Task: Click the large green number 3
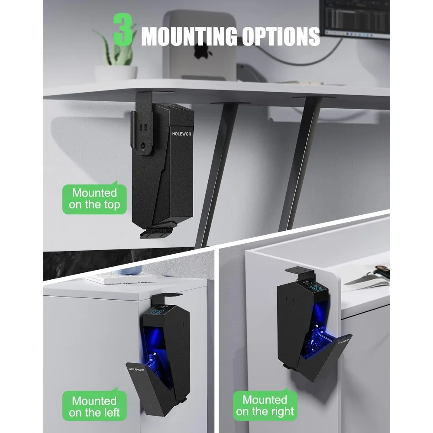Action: click(x=122, y=29)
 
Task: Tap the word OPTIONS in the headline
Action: click(x=281, y=36)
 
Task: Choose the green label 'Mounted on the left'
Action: click(x=94, y=407)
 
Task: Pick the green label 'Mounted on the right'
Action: click(x=265, y=405)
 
